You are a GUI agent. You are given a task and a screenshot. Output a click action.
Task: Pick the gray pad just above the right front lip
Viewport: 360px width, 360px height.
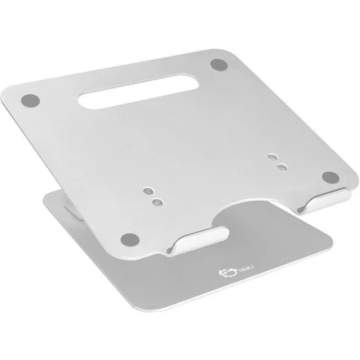coord(330,177)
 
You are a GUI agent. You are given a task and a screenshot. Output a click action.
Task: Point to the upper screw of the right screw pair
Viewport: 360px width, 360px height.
coord(271,157)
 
